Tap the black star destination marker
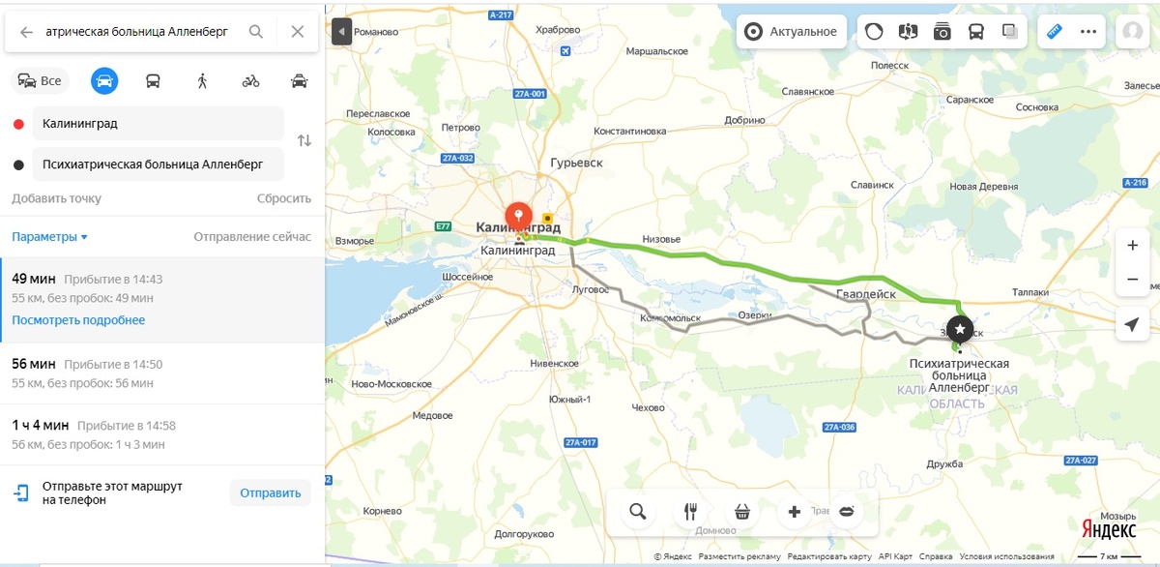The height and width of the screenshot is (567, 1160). [x=959, y=329]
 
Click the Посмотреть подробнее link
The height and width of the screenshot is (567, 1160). [x=78, y=320]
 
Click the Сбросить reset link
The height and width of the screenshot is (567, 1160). [x=284, y=198]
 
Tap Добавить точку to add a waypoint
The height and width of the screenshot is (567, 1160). [x=56, y=198]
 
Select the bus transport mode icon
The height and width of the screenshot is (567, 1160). [x=154, y=81]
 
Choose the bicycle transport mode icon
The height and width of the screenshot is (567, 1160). [x=250, y=81]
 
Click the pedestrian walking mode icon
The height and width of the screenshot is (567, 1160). [x=202, y=81]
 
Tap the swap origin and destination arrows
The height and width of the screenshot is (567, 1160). [x=304, y=141]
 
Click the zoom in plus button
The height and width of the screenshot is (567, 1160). [x=1132, y=246]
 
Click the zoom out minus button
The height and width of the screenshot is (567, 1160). [x=1132, y=280]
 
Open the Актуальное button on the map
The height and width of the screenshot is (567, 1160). [x=791, y=31]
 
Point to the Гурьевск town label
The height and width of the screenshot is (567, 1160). [x=576, y=163]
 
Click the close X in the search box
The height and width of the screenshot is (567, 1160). [x=298, y=32]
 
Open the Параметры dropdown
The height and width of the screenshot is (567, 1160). [x=49, y=237]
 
